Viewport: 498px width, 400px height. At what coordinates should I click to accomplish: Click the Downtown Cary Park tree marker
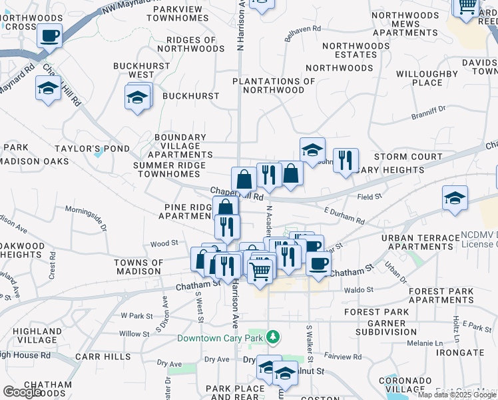coord(272,337)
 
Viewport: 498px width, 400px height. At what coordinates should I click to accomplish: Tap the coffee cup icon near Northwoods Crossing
coord(49,35)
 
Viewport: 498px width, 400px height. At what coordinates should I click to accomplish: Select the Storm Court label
coord(408,157)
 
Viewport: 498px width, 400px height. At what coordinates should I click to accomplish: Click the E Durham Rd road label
coord(344,216)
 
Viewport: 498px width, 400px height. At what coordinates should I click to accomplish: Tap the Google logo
coord(22,392)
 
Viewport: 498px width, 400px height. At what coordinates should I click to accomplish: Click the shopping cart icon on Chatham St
coord(260,270)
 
